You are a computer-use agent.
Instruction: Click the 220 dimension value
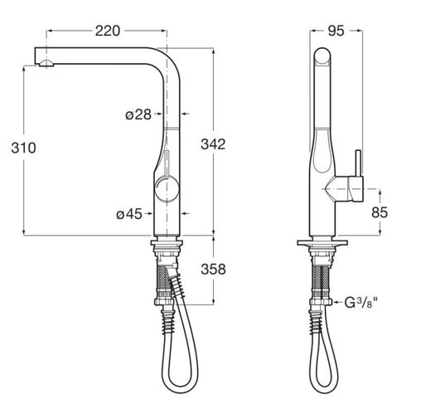[108, 31]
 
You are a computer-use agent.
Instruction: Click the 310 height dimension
[23, 148]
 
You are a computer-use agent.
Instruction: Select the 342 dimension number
[213, 144]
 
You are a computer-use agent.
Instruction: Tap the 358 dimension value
[213, 269]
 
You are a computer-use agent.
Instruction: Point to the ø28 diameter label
[138, 114]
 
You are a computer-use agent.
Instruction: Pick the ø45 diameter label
[129, 214]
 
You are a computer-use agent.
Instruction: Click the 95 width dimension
[336, 31]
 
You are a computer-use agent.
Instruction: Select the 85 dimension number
[380, 212]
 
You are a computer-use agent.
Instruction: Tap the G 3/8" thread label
[361, 302]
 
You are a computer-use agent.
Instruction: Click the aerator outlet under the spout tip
[46, 63]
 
